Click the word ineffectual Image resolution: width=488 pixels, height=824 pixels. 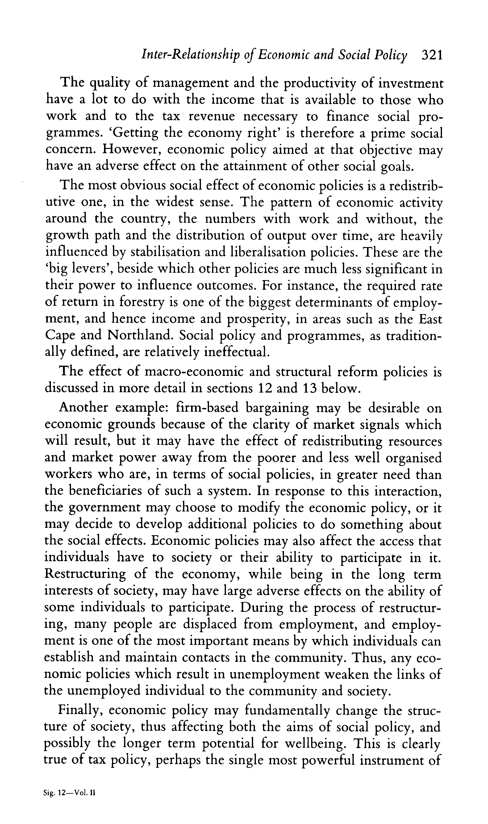click(237, 352)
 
